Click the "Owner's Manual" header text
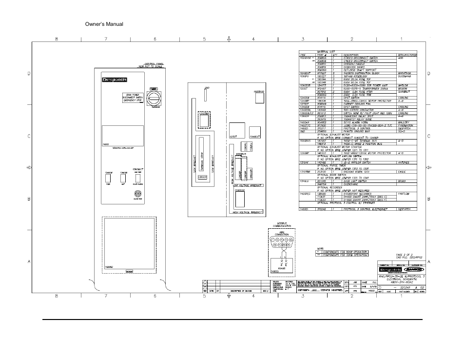pos(104,24)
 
